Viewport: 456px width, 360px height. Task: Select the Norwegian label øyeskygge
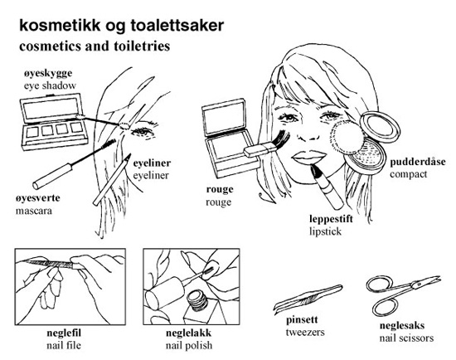click(x=48, y=74)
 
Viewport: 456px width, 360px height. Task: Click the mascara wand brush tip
click(x=109, y=144)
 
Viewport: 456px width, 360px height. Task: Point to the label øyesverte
click(x=38, y=198)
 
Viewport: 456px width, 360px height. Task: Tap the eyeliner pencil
click(x=112, y=179)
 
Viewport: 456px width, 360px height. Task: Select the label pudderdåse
click(x=418, y=162)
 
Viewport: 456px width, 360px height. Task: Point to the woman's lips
click(x=309, y=158)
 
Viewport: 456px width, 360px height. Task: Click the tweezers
click(x=308, y=299)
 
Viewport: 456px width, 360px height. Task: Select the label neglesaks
click(x=402, y=325)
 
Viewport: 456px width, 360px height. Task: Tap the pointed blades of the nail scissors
click(x=427, y=281)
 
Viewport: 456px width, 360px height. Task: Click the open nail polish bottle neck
click(x=197, y=299)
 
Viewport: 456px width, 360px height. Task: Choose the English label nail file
click(x=64, y=345)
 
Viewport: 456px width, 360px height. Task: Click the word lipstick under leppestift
click(x=326, y=231)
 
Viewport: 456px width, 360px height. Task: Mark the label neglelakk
click(x=188, y=333)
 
